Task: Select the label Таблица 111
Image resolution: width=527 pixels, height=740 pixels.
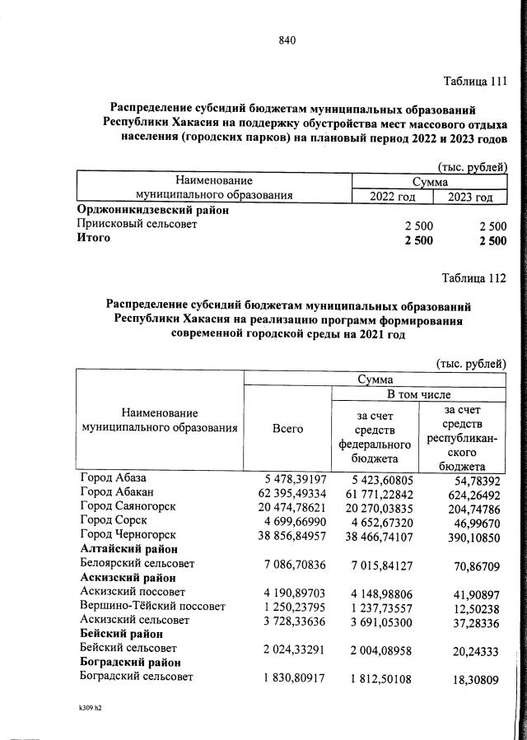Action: pyautogui.click(x=474, y=81)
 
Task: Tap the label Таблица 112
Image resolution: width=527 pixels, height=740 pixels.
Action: pyautogui.click(x=474, y=277)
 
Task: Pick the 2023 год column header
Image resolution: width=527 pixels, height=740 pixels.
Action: pyautogui.click(x=470, y=197)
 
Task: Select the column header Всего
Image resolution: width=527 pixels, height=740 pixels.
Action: pyautogui.click(x=287, y=428)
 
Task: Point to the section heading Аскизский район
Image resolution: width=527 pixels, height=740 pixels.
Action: pyautogui.click(x=124, y=577)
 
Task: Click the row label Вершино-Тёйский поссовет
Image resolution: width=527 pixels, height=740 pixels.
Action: pyautogui.click(x=152, y=606)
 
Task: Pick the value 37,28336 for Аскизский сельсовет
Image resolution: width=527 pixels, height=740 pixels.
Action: pyautogui.click(x=470, y=620)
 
